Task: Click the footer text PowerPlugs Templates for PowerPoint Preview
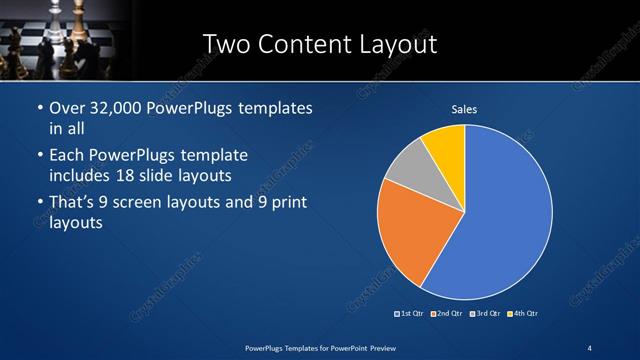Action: pos(319,346)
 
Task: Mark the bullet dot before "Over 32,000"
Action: pos(39,108)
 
